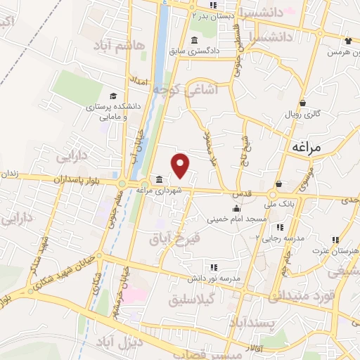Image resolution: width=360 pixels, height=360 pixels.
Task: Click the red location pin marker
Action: click(182, 165)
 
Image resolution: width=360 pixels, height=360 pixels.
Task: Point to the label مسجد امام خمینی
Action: click(236, 219)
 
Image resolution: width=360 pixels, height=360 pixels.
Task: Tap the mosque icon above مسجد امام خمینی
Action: click(236, 208)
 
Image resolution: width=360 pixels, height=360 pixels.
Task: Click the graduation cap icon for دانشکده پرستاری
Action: click(112, 96)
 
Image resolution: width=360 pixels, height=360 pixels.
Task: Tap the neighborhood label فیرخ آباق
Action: click(175, 238)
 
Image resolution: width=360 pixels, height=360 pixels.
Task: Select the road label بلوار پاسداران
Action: click(78, 180)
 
